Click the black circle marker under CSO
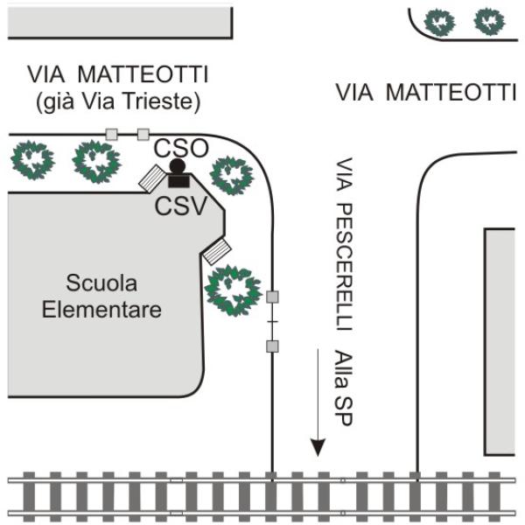tap(178, 166)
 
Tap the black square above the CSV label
tap(181, 180)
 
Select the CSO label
tap(182, 148)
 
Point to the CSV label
tap(180, 206)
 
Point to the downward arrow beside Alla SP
tap(318, 403)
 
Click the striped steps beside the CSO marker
tap(150, 179)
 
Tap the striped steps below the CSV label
tap(215, 252)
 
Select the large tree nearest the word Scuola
tap(232, 290)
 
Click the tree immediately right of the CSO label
tap(232, 175)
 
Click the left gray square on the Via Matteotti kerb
tap(111, 134)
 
